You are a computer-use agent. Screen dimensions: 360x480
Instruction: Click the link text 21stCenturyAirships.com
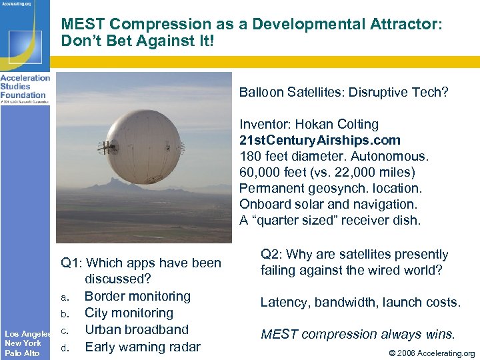point(320,141)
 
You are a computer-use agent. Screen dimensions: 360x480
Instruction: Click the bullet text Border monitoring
point(137,296)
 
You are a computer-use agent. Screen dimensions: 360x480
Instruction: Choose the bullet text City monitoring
point(129,313)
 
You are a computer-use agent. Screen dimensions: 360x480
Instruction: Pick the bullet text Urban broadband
point(137,329)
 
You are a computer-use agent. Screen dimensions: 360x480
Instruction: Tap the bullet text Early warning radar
point(142,347)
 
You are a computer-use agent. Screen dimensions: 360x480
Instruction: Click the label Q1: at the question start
point(71,263)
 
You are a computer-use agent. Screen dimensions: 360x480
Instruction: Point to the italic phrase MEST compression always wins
point(357,334)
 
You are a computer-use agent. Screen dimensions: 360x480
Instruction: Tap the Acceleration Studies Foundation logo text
point(25,86)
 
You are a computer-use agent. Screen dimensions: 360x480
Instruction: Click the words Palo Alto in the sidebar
point(22,353)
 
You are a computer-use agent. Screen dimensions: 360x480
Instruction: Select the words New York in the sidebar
point(23,343)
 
